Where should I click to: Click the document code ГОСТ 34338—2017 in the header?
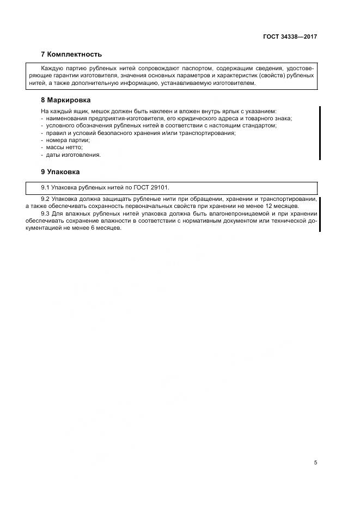(290, 37)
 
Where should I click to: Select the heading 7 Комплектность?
(71, 54)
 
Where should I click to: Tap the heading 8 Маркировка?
(66, 100)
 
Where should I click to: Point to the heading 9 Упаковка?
(60, 172)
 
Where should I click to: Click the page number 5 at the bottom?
(315, 463)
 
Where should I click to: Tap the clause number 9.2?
(46, 199)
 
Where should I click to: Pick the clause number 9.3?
(46, 213)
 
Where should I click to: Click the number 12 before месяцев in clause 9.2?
(271, 206)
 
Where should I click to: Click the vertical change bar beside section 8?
(319, 133)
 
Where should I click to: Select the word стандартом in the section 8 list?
(261, 126)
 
